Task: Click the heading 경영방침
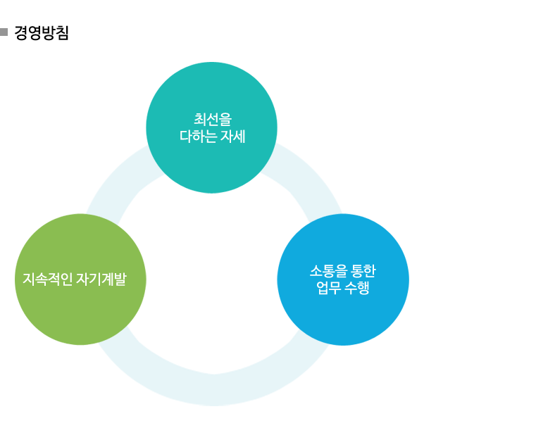(42, 33)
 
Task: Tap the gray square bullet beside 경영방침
(4, 32)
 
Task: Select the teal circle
(211, 127)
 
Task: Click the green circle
(80, 279)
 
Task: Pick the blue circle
(343, 279)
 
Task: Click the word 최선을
(213, 120)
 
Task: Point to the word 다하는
(198, 137)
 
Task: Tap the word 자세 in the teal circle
(233, 137)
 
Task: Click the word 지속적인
(47, 279)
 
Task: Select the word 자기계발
(101, 279)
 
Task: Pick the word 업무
(328, 288)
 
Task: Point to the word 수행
(357, 288)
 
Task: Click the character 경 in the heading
(20, 33)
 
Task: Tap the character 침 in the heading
(62, 33)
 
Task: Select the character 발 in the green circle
(120, 279)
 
